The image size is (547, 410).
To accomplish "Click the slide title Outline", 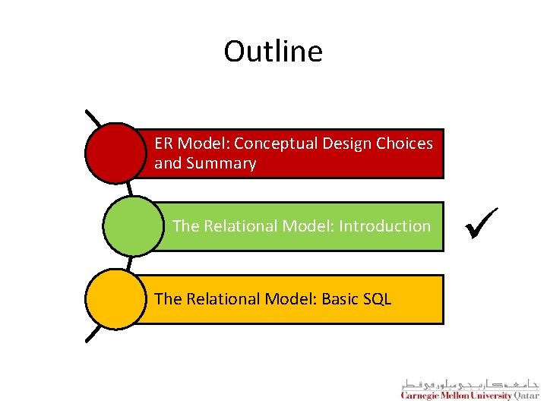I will (273, 52).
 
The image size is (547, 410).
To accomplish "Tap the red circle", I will (115, 153).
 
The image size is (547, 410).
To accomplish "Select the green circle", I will (132, 226).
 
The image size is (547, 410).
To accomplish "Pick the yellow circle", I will (115, 299).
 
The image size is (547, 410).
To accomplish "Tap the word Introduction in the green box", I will (384, 226).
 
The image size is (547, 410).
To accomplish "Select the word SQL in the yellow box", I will (377, 299).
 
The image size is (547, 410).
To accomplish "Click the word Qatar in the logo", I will (526, 396).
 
